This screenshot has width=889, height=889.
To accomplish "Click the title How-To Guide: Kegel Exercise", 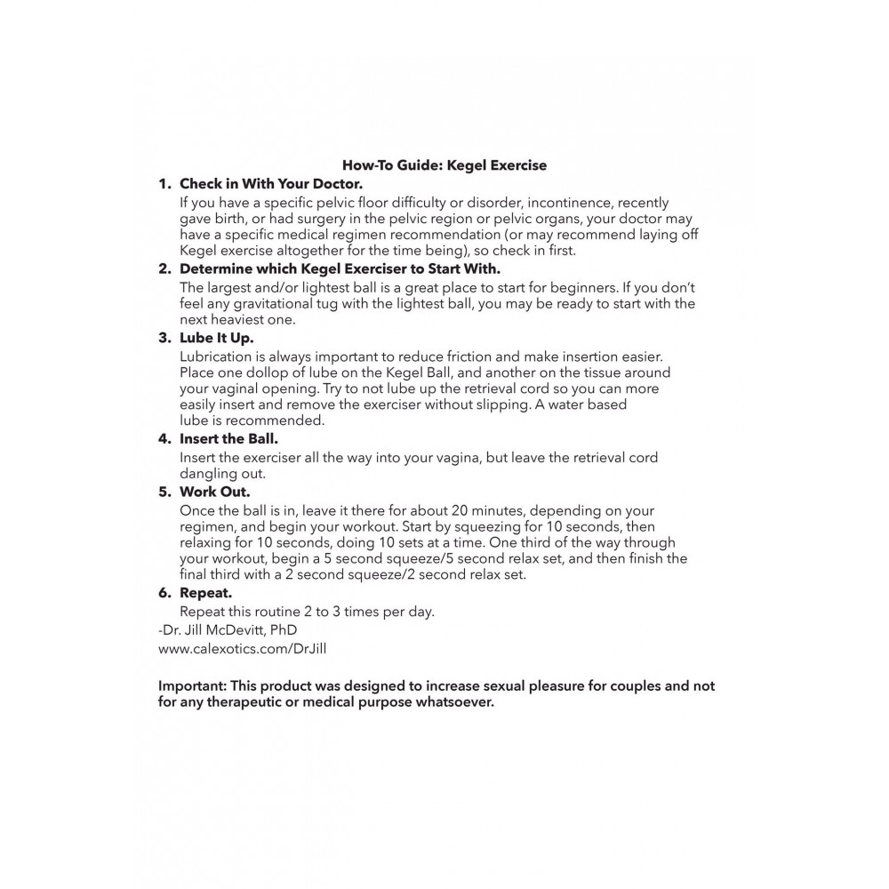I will (444, 164).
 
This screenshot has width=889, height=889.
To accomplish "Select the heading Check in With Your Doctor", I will (271, 184).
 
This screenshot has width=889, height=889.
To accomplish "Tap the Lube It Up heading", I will (216, 338).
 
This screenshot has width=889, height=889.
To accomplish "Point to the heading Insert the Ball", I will (229, 438).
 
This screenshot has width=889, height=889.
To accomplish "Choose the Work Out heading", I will (214, 491).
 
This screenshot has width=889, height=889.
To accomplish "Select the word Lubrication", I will (218, 356).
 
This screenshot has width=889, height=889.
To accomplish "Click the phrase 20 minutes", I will (462, 510).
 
